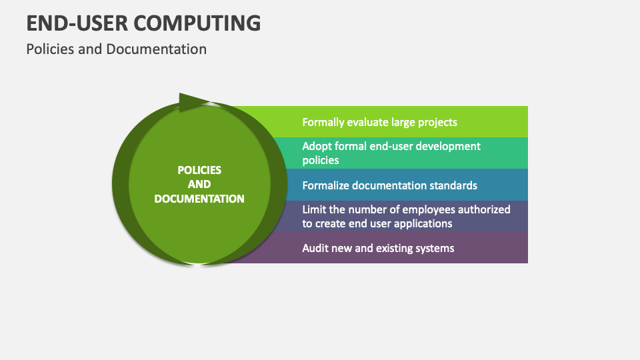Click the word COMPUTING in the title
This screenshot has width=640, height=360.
(197, 23)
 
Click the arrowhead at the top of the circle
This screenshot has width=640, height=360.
(193, 102)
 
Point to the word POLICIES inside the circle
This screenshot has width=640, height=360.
(199, 170)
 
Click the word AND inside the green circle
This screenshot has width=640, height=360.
(199, 184)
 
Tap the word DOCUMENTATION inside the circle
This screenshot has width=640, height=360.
(199, 199)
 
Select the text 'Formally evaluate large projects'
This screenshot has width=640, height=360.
(379, 122)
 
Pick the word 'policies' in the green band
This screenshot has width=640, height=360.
(321, 160)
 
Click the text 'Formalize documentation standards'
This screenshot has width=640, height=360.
(389, 185)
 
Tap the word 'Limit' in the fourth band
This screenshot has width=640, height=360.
(315, 209)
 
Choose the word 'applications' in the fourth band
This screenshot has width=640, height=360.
(421, 223)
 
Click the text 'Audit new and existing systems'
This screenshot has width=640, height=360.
(378, 248)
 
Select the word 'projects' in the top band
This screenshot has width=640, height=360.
(437, 122)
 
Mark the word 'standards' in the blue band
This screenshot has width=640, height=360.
(453, 185)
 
